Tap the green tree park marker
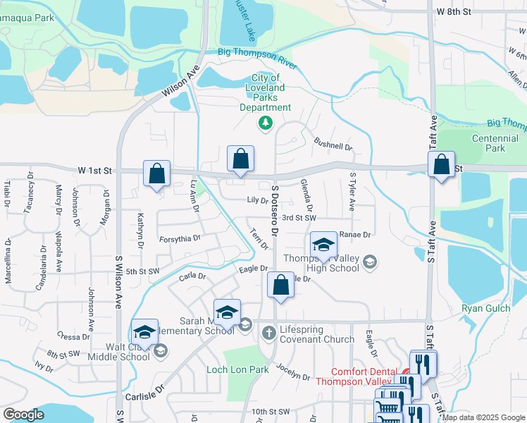click(x=265, y=124)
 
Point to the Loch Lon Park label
click(x=237, y=369)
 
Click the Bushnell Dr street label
click(x=333, y=145)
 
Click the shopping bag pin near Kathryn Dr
click(x=156, y=173)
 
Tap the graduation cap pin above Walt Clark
click(x=144, y=331)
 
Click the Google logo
click(x=23, y=415)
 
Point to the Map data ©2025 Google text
click(x=483, y=417)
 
